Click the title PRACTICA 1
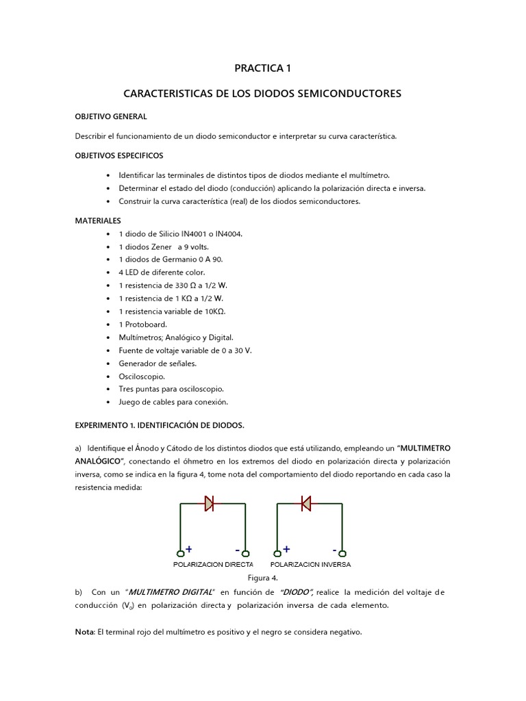(262, 68)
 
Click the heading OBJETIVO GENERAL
(110, 116)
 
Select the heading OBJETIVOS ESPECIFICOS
(118, 155)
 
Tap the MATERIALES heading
(98, 220)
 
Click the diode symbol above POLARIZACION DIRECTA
(208, 504)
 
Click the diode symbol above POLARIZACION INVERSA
(305, 504)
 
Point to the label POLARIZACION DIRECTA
(212, 565)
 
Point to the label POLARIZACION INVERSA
(310, 565)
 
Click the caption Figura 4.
(262, 578)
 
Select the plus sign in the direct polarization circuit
(189, 549)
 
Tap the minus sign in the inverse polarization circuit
(335, 549)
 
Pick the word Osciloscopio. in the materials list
(142, 376)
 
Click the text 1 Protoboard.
(142, 324)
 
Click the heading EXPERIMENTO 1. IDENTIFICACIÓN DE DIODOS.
(159, 425)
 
